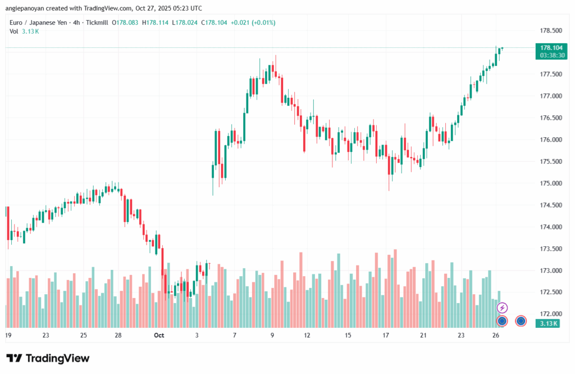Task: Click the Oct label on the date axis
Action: [158, 335]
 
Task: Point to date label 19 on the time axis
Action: [8, 335]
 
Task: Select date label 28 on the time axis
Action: [118, 335]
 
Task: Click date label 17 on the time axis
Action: [386, 335]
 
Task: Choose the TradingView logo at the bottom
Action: [48, 358]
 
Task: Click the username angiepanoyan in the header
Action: [31, 8]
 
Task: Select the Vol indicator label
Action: [14, 31]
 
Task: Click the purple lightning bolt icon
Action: [503, 308]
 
